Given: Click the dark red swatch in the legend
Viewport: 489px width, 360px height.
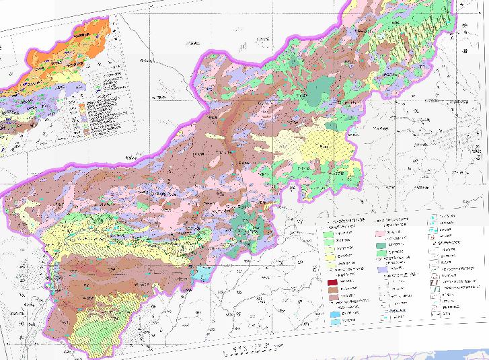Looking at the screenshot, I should point(331,282).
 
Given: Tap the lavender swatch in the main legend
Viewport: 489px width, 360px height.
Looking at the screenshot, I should point(385,269).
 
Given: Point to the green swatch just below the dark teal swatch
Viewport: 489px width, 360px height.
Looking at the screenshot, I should point(385,255).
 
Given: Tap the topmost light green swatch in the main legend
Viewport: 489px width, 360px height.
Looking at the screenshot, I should point(329,235).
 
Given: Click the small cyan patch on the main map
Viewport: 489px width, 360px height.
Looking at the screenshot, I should point(201,273).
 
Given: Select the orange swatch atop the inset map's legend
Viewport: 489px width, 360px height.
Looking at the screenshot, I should point(80,105).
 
